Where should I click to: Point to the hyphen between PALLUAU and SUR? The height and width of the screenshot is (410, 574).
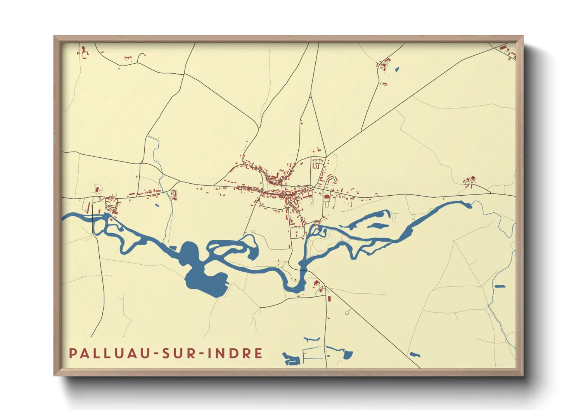click(157, 354)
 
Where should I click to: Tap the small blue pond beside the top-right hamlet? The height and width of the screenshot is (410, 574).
click(396, 70)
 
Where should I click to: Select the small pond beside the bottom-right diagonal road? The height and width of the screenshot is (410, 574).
click(415, 354)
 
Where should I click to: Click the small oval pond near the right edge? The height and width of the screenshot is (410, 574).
click(500, 286)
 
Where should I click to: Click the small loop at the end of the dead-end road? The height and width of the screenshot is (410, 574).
click(348, 312)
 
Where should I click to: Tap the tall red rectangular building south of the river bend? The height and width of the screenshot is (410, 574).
click(329, 298)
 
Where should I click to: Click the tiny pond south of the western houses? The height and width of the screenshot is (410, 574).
click(157, 205)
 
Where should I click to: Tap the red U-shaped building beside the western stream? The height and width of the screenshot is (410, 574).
click(175, 193)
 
